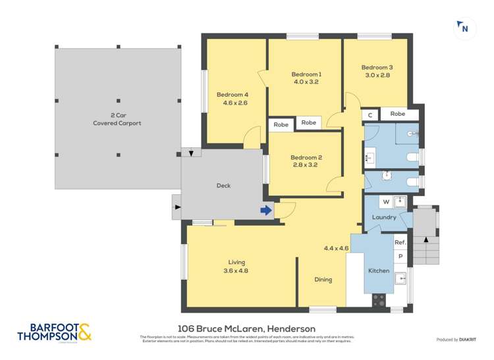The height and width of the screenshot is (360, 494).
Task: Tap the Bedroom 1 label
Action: click(306, 74)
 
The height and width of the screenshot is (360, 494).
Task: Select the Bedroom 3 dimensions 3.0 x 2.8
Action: click(376, 75)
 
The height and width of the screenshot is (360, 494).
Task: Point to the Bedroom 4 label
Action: click(233, 94)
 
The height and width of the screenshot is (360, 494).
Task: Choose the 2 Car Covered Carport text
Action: click(117, 119)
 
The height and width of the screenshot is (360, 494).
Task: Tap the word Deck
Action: click(223, 186)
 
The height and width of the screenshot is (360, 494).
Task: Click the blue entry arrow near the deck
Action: click(265, 211)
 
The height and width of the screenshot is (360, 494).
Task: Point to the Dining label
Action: click(323, 280)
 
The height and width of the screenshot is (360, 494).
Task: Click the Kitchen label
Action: click(379, 270)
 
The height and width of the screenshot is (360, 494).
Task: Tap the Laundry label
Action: click(384, 217)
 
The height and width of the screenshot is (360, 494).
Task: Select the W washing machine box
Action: click(385, 201)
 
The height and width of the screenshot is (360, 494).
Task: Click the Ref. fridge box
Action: click(400, 242)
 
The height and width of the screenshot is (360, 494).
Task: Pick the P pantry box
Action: click(400, 256)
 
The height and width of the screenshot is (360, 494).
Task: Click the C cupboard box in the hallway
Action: click(370, 115)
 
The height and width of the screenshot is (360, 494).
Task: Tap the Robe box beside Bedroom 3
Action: click(397, 114)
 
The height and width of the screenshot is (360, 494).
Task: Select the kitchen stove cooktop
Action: click(379, 300)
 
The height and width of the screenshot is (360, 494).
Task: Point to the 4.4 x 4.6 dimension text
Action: click(336, 248)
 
